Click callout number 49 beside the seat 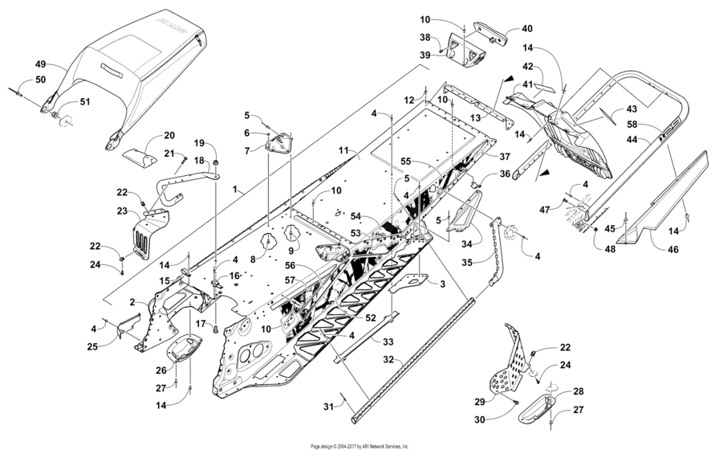(x=41, y=63)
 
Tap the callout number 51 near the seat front (x=85, y=102)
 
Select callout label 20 (x=169, y=135)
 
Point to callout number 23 (x=121, y=211)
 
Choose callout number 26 (x=161, y=370)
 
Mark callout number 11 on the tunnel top (x=343, y=150)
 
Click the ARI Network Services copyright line (x=359, y=445)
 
